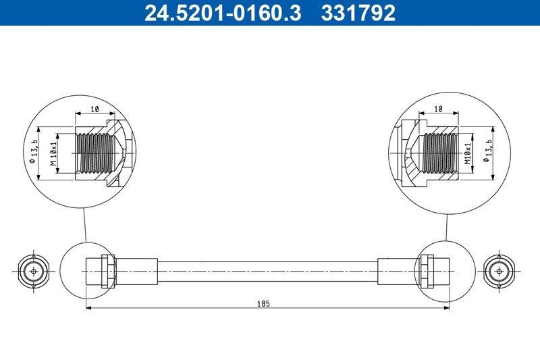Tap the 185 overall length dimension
[263, 304]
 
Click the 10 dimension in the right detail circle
[438, 108]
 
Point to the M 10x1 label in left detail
[53, 153]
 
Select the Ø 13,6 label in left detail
[34, 152]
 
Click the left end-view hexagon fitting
[30, 271]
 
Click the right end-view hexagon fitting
[499, 271]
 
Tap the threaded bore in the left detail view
[91, 152]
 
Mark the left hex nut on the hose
[106, 272]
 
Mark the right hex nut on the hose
[426, 272]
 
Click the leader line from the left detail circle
[85, 223]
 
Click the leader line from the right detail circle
[446, 223]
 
